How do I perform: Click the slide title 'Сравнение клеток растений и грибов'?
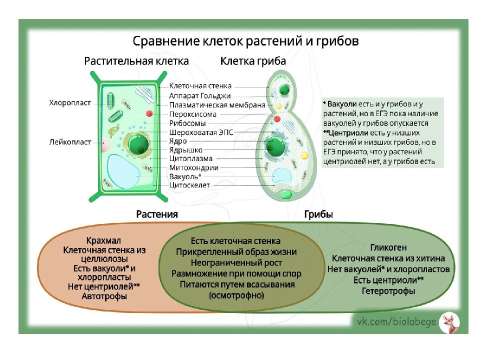pyautogui.click(x=245, y=40)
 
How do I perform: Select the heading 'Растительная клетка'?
pyautogui.click(x=136, y=61)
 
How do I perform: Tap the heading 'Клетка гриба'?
pyautogui.click(x=253, y=61)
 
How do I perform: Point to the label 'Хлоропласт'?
pyautogui.click(x=70, y=103)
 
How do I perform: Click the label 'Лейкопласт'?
pyautogui.click(x=70, y=142)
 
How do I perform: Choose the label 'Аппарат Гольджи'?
pyautogui.click(x=200, y=95)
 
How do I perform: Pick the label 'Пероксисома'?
pyautogui.click(x=193, y=114)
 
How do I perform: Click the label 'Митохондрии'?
pyautogui.click(x=193, y=167)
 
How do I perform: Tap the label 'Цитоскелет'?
pyautogui.click(x=189, y=185)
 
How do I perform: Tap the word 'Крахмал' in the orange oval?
pyautogui.click(x=103, y=240)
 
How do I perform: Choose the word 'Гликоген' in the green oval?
pyautogui.click(x=388, y=247)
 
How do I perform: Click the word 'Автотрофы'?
pyautogui.click(x=104, y=296)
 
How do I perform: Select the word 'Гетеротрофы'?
pyautogui.click(x=388, y=291)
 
